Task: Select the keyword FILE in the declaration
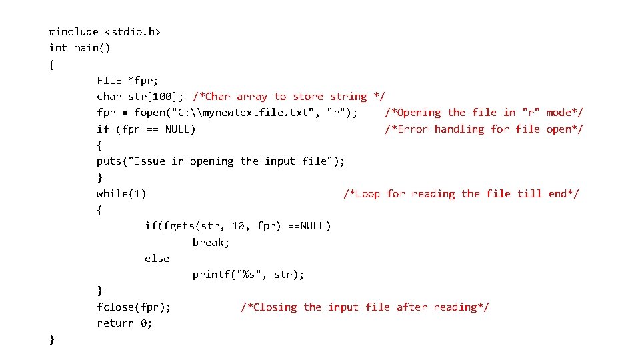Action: coord(109,80)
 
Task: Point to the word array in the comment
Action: coord(251,97)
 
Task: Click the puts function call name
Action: coord(109,161)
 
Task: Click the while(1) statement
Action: coord(122,194)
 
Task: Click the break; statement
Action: coord(211,242)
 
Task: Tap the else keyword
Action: coord(157,259)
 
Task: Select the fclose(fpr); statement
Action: coord(134,307)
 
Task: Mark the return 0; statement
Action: coord(125,323)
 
